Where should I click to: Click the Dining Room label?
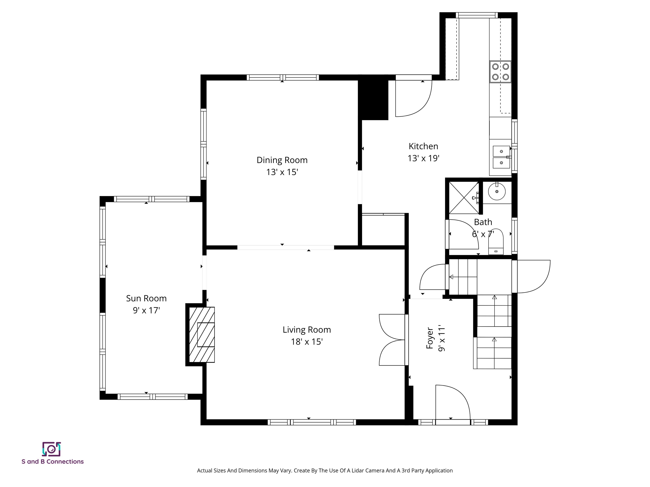(x=282, y=160)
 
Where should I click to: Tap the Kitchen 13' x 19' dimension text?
(x=423, y=158)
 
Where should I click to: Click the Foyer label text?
(x=430, y=338)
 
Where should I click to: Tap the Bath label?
(x=483, y=222)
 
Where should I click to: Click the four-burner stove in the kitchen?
(x=500, y=72)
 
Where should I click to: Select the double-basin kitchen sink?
(x=501, y=157)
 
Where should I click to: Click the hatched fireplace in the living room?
(x=202, y=334)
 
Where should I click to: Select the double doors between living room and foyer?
(x=392, y=340)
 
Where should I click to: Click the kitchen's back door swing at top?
(x=413, y=97)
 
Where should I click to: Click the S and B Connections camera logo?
(x=51, y=449)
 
